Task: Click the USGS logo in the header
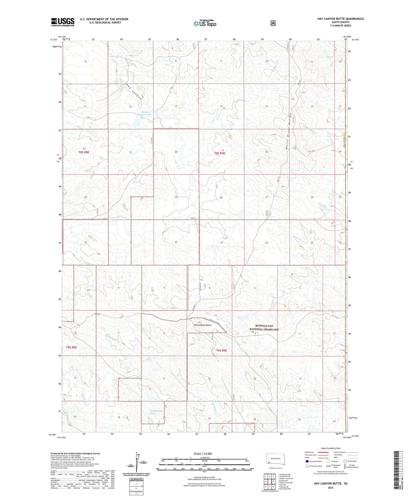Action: coord(63,22)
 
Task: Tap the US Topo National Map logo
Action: coord(205,23)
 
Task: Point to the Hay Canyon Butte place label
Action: coord(202,325)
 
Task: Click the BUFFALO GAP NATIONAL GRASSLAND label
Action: coord(264,327)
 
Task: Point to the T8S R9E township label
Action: coord(219,153)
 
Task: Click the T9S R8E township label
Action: coord(71,347)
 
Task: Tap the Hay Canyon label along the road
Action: coord(134,91)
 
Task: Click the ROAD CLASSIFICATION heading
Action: coord(332,448)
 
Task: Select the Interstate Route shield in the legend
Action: coord(307,461)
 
